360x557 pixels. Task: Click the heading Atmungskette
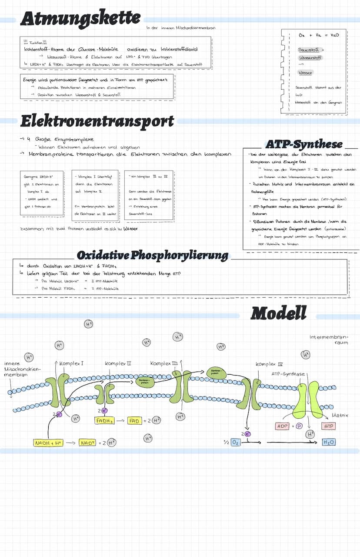coord(80,19)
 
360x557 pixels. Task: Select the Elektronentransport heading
coord(97,121)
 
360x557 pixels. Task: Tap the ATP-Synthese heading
coord(304,144)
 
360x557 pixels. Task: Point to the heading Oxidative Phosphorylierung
coord(152,255)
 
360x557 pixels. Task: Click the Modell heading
coord(279,312)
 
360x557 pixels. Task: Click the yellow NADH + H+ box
coord(48,443)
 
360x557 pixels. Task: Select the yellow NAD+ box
coord(87,443)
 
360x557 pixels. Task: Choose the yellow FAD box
coord(134,420)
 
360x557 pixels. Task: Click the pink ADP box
coord(283,426)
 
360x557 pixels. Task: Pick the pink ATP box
coord(328,426)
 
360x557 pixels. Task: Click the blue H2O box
coord(329,442)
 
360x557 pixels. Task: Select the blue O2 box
coord(235,442)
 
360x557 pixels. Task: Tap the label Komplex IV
coord(270,364)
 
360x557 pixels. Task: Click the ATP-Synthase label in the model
coord(288,374)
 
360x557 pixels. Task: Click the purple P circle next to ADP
coord(299,426)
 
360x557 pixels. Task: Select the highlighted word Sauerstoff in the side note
coord(308,50)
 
